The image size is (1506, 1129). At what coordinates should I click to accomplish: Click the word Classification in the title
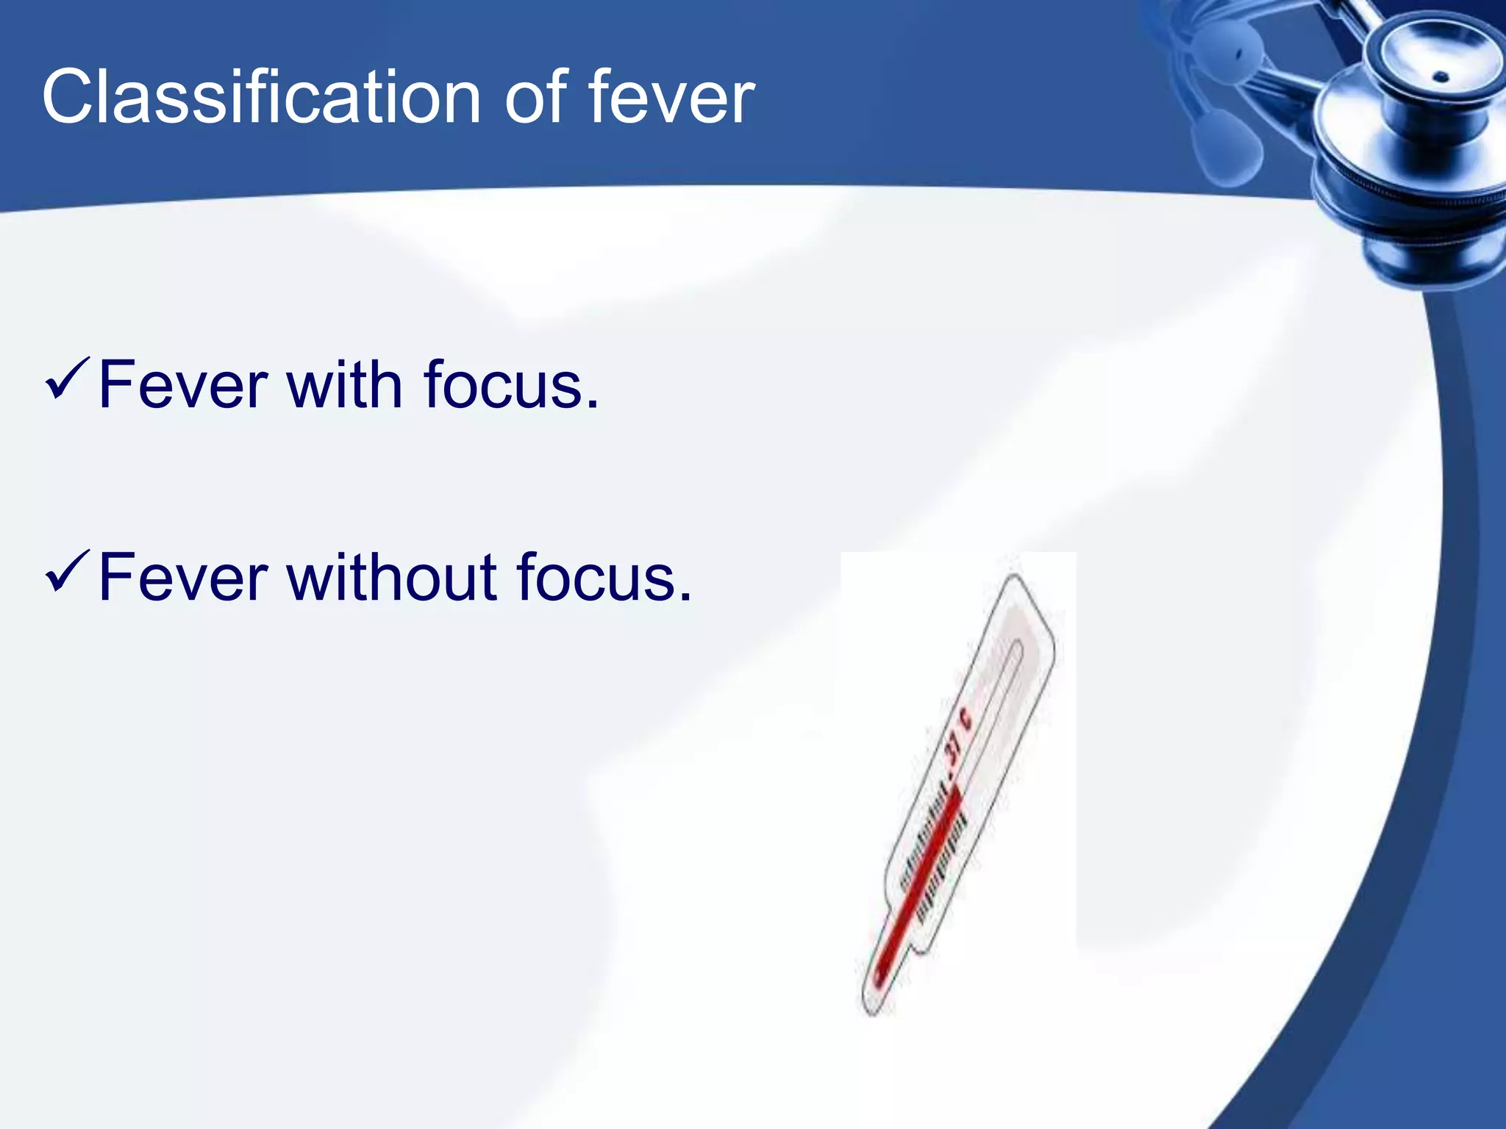[x=261, y=98]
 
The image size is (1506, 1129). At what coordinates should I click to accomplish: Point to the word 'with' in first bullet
[x=344, y=385]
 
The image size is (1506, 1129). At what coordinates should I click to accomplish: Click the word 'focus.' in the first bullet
[x=511, y=385]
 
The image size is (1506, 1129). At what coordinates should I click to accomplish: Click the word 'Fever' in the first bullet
[x=183, y=385]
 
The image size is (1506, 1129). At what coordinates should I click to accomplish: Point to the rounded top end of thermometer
[x=1015, y=584]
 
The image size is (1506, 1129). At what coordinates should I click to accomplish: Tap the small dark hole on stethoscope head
[x=1441, y=76]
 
